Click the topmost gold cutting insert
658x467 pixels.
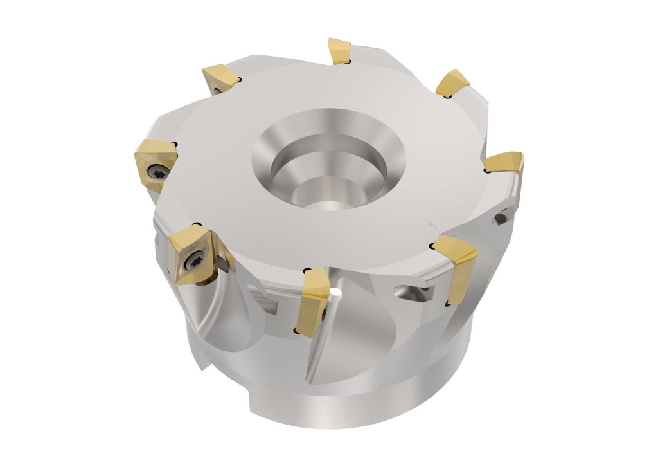point(339,50)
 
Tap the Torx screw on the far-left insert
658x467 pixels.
point(159,172)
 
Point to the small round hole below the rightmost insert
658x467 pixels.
point(501,220)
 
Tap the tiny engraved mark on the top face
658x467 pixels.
point(432,225)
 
